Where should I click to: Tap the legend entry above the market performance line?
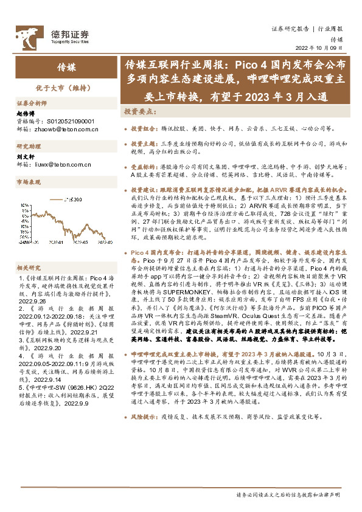pyautogui.click(x=74, y=199)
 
